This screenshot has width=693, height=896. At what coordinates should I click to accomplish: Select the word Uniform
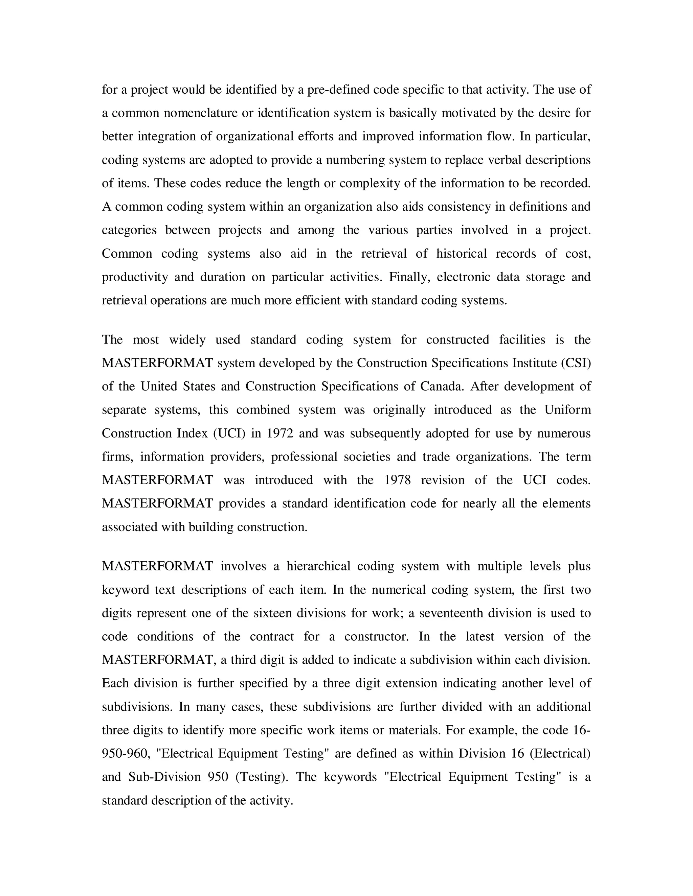click(x=568, y=410)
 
